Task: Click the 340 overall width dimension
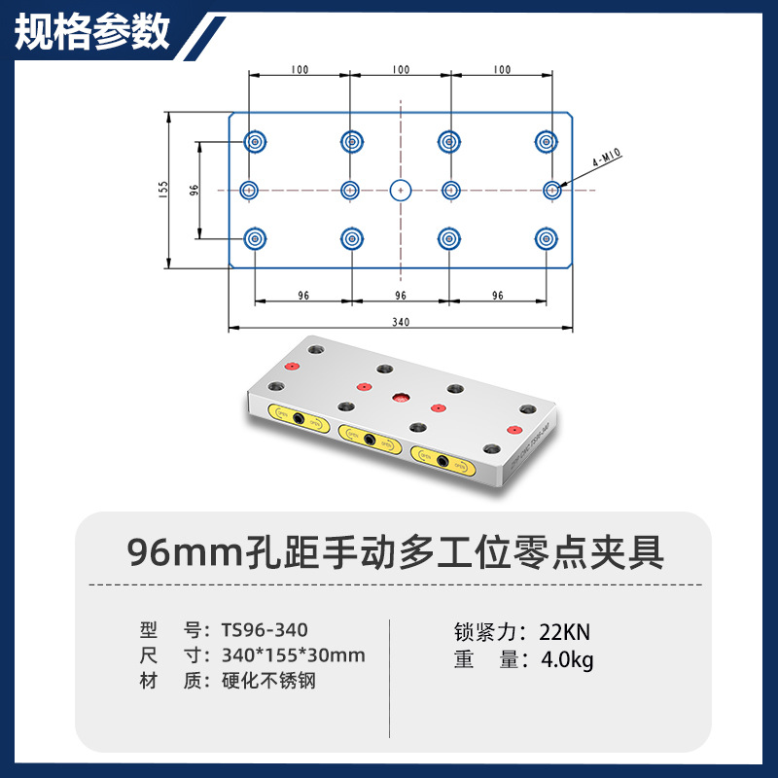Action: (x=400, y=322)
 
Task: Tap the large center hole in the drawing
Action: (x=400, y=190)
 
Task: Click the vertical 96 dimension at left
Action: (x=194, y=189)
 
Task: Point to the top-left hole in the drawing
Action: (x=255, y=142)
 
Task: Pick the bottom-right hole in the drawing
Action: (x=546, y=237)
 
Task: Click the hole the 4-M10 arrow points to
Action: (x=551, y=190)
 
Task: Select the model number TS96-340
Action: (x=265, y=630)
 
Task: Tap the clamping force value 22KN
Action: (x=565, y=631)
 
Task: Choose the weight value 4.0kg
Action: (x=567, y=660)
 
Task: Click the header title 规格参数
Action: (x=93, y=32)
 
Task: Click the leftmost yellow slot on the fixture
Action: (x=300, y=418)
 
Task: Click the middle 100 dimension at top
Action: (x=400, y=70)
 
